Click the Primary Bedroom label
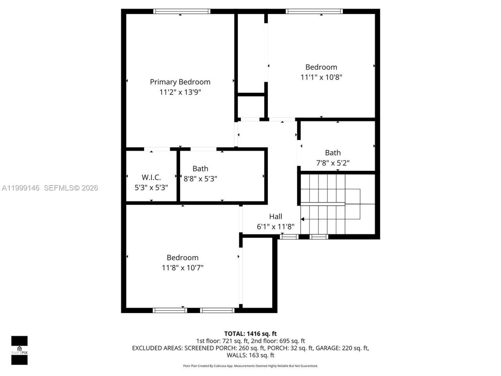[180, 82]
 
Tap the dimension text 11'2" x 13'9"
[180, 92]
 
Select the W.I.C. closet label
[151, 177]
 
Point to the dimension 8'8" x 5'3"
[200, 179]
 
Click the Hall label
[276, 216]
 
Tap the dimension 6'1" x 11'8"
[276, 227]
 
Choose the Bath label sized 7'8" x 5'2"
[333, 153]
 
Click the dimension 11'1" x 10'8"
[321, 78]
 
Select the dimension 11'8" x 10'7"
[182, 268]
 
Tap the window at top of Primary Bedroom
[182, 11]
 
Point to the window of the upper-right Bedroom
[315, 11]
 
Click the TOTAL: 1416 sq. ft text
[250, 334]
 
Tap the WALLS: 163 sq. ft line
[250, 356]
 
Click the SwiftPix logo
[19, 350]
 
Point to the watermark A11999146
[21, 188]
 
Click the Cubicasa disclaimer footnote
[250, 366]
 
